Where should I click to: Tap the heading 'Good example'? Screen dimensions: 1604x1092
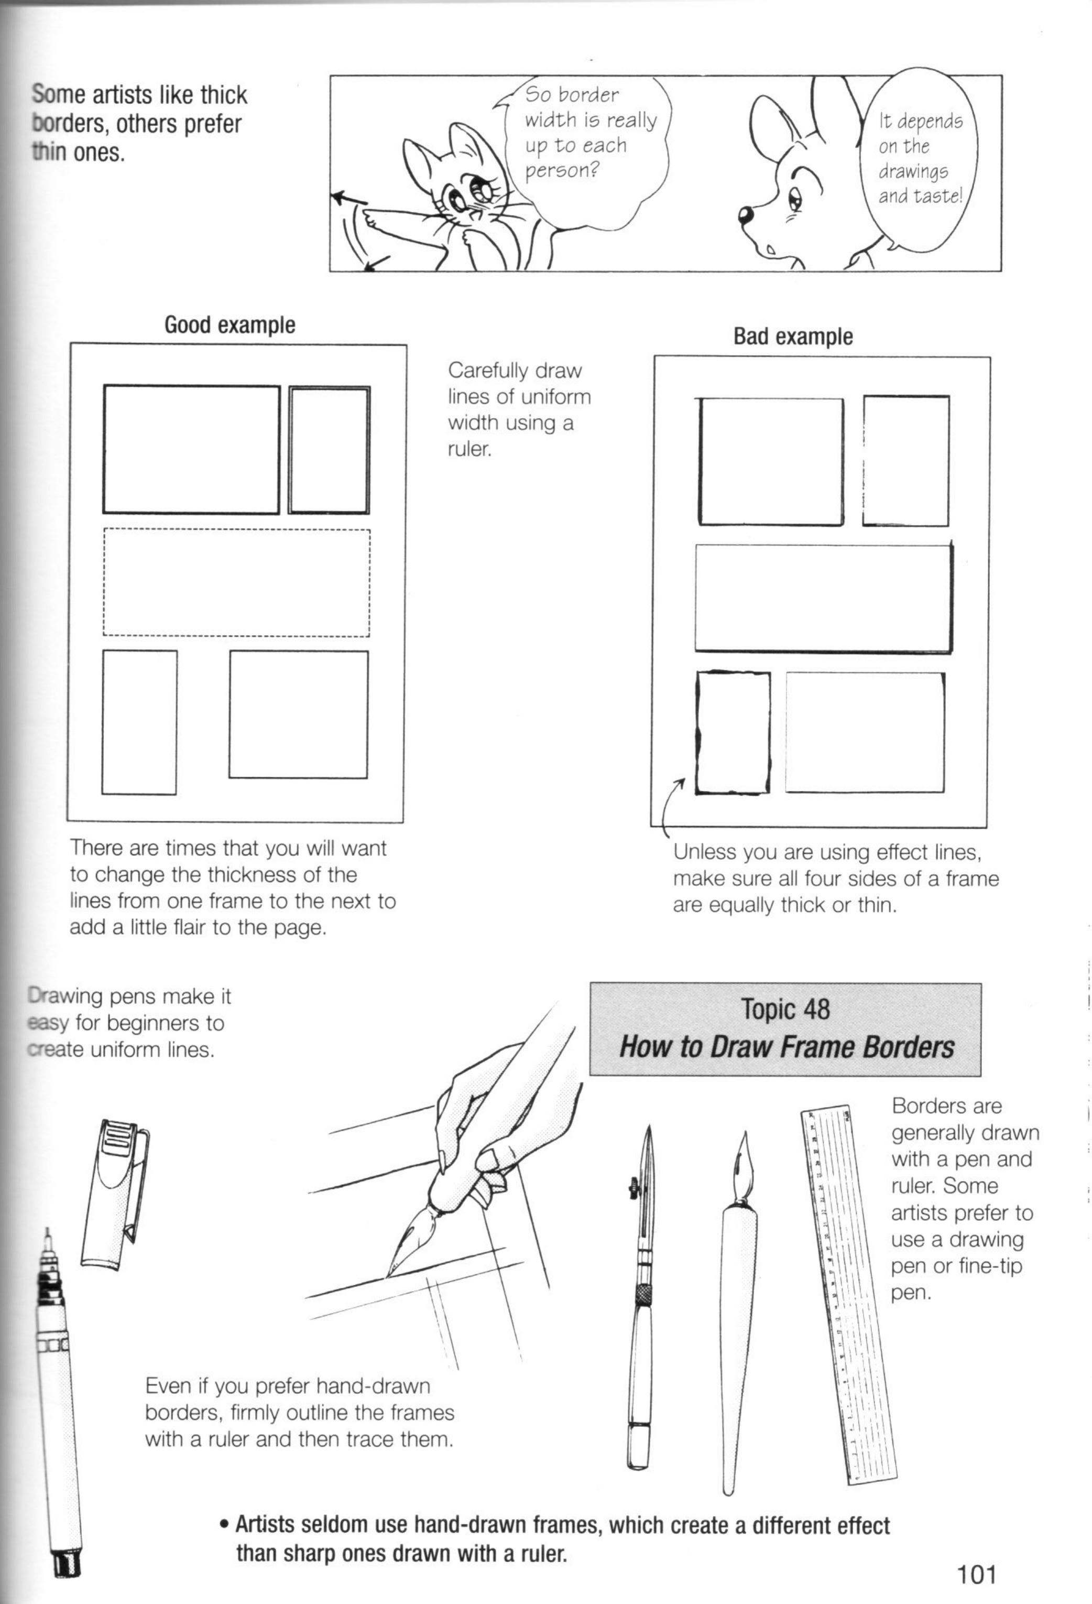229,325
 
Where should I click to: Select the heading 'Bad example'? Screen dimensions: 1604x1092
793,337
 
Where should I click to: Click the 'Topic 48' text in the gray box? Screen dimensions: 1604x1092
785,1009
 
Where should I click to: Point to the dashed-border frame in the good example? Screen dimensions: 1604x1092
237,582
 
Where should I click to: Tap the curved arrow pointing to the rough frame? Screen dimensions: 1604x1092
668,808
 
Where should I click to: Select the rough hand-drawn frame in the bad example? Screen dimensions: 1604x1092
733,732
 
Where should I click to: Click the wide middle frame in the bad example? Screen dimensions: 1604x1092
824,598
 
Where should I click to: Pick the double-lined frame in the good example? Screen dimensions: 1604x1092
329,450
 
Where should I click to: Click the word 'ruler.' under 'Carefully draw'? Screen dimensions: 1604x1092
469,449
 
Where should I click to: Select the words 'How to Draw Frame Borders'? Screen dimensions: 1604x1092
785,1047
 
